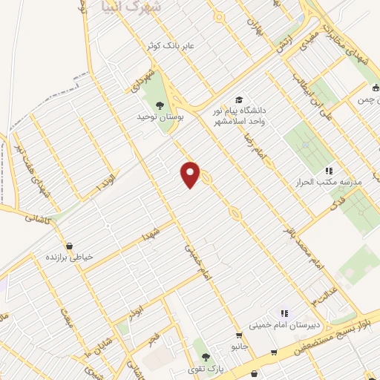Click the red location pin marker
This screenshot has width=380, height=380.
coord(191,174)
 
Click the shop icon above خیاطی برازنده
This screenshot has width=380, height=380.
coord(69,245)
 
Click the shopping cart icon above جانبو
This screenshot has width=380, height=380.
coord(238,335)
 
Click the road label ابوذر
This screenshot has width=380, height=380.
coord(135,312)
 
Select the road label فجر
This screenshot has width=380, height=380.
coord(154,338)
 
